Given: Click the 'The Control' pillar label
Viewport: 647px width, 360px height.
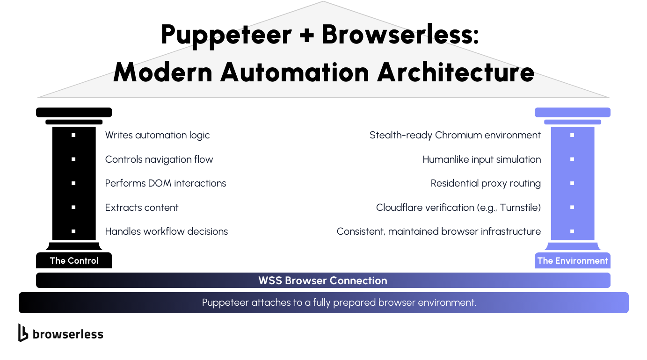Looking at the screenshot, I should (x=74, y=260).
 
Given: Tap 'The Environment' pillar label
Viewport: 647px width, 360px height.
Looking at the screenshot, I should (x=572, y=260).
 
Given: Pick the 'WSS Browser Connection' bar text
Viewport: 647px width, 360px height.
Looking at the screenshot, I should (x=323, y=281).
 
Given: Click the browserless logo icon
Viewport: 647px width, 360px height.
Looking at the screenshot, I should (x=23, y=332).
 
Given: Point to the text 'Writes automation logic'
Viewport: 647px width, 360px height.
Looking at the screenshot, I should (x=157, y=135).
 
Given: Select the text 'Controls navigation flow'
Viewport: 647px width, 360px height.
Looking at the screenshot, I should (x=159, y=159).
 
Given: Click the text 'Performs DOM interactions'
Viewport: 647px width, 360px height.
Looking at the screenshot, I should (x=166, y=183).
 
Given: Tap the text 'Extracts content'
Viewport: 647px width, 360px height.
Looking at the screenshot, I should (x=142, y=208).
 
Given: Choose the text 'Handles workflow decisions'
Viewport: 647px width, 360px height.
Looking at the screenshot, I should (x=167, y=231).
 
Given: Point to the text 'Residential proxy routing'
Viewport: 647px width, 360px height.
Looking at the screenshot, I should (x=486, y=183).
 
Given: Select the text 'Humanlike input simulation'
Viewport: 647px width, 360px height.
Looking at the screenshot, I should (x=482, y=159).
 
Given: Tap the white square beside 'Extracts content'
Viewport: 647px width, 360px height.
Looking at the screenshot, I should (x=73, y=207).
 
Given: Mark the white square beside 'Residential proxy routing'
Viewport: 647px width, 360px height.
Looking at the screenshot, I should (x=572, y=183).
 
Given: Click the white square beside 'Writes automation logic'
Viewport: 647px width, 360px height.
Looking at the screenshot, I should (x=73, y=135).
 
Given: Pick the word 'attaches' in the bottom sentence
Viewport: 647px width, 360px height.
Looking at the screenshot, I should (x=271, y=302).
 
